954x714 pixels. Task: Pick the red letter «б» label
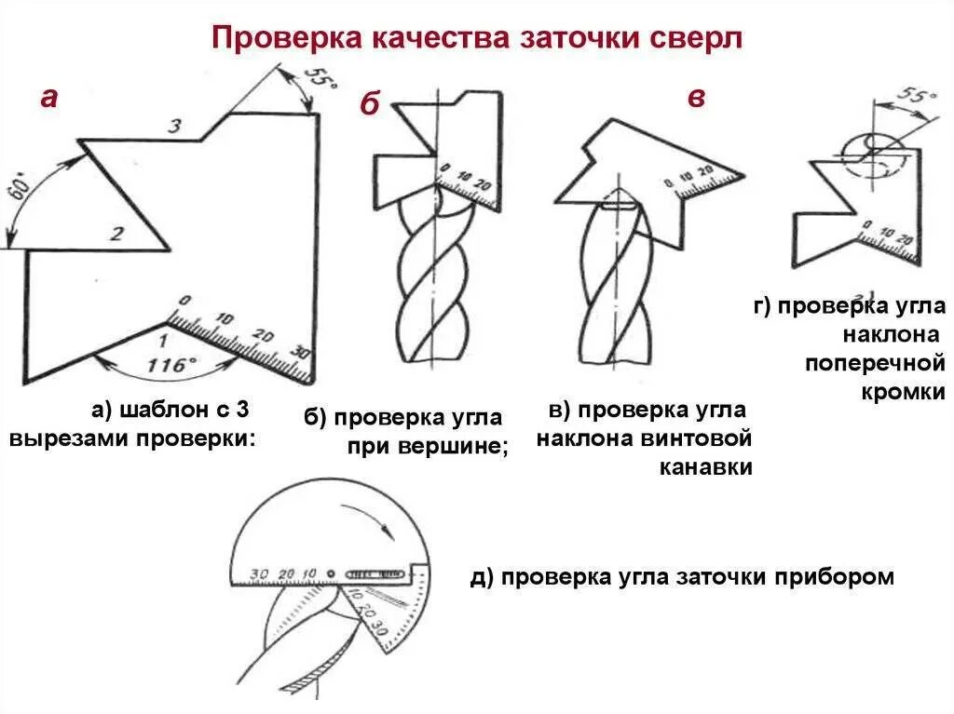coord(370,105)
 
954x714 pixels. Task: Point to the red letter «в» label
coord(696,98)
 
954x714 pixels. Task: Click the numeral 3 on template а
coord(174,127)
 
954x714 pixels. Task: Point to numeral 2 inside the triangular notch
coord(116,234)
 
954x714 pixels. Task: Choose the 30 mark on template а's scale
coord(298,354)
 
